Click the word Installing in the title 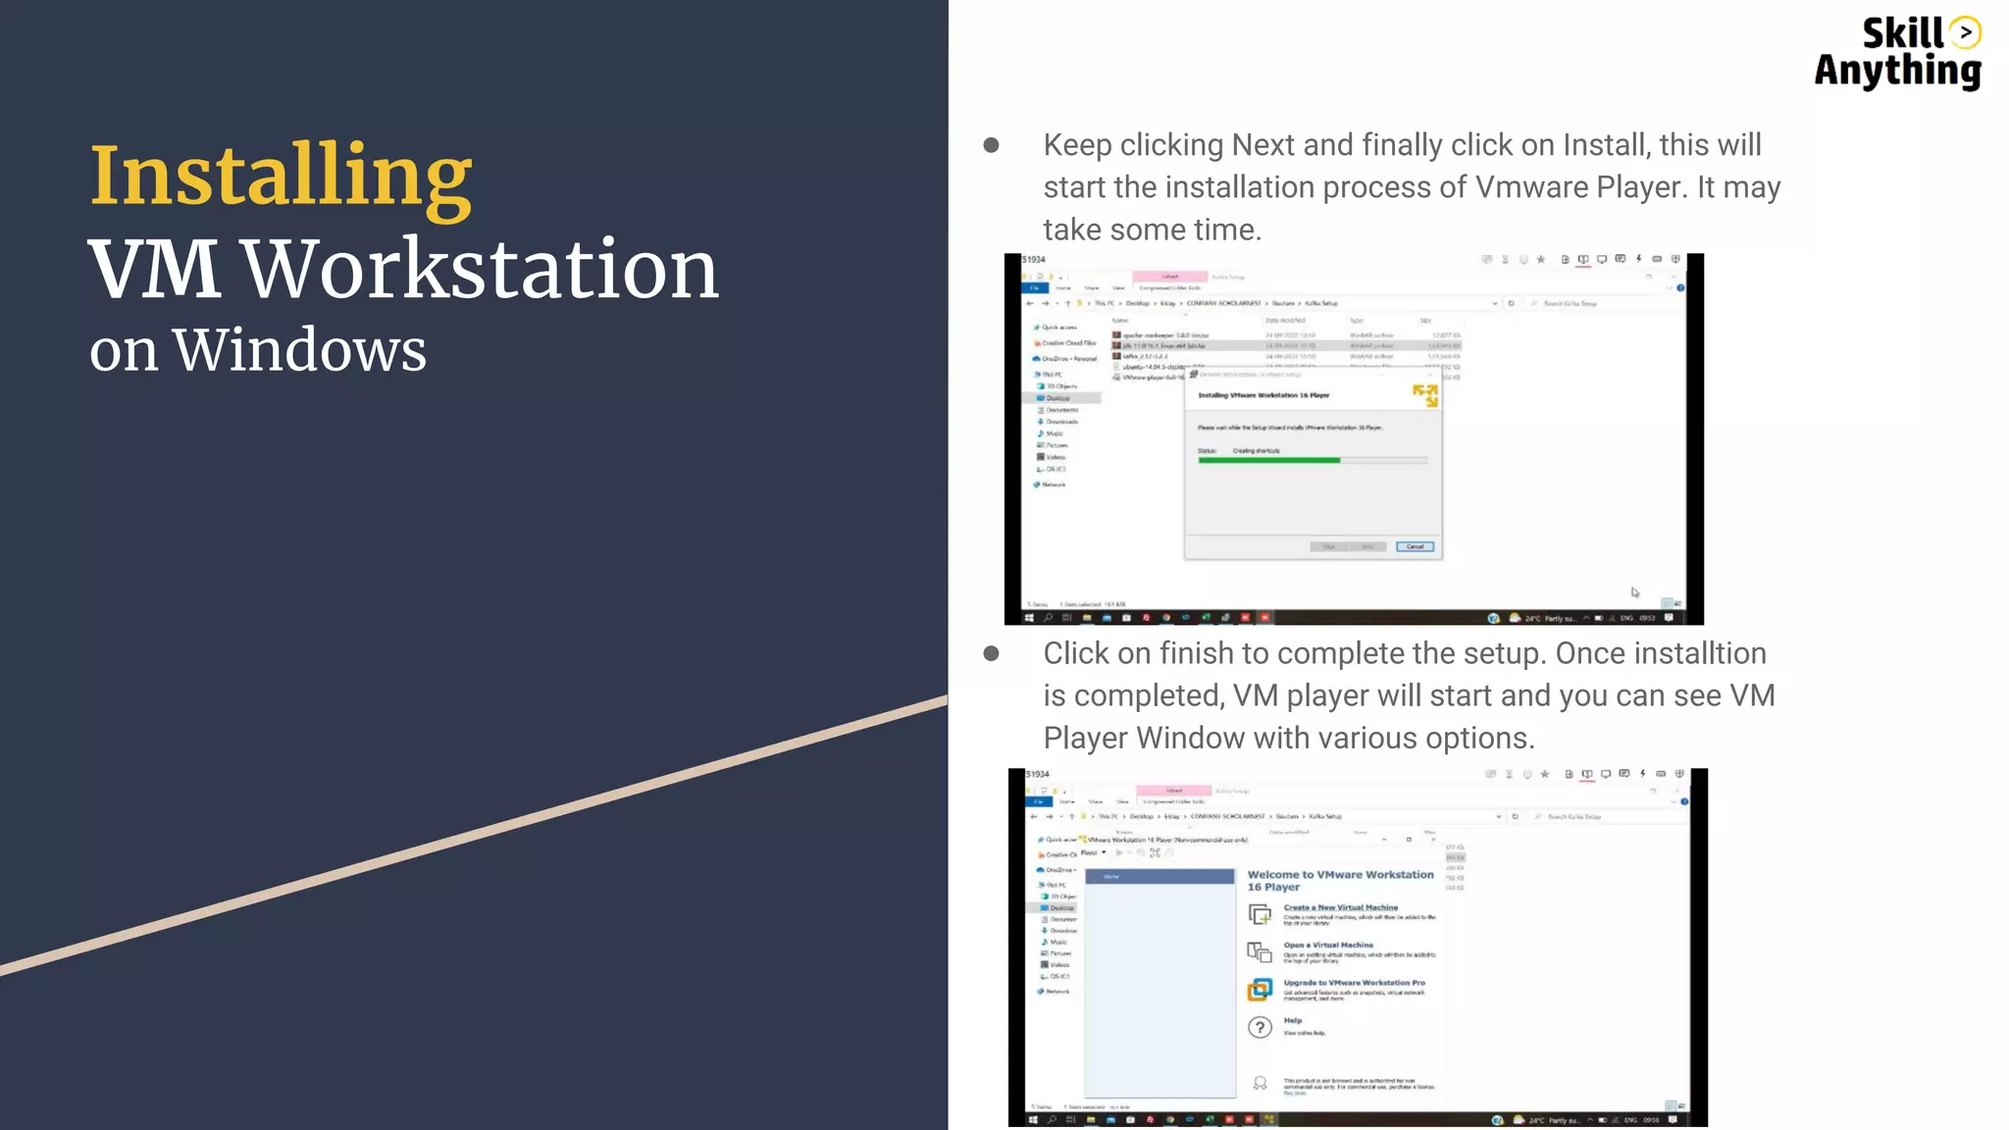point(281,177)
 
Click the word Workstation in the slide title point(481,269)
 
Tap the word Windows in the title point(300,350)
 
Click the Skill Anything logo point(1897,53)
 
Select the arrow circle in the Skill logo point(1965,32)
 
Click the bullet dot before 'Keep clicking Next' point(991,145)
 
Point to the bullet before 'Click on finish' point(991,653)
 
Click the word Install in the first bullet point(1604,145)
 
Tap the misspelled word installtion point(1684,653)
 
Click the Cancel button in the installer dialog point(1415,546)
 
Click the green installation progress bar point(1268,460)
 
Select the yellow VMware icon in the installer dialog point(1424,395)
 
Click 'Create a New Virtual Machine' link point(1340,907)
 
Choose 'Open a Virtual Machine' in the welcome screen point(1328,945)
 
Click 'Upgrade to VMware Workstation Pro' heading point(1354,982)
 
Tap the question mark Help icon point(1260,1027)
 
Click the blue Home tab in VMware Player point(1159,876)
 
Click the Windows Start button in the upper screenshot point(1029,618)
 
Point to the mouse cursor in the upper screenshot point(1635,591)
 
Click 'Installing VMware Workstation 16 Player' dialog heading point(1263,395)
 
